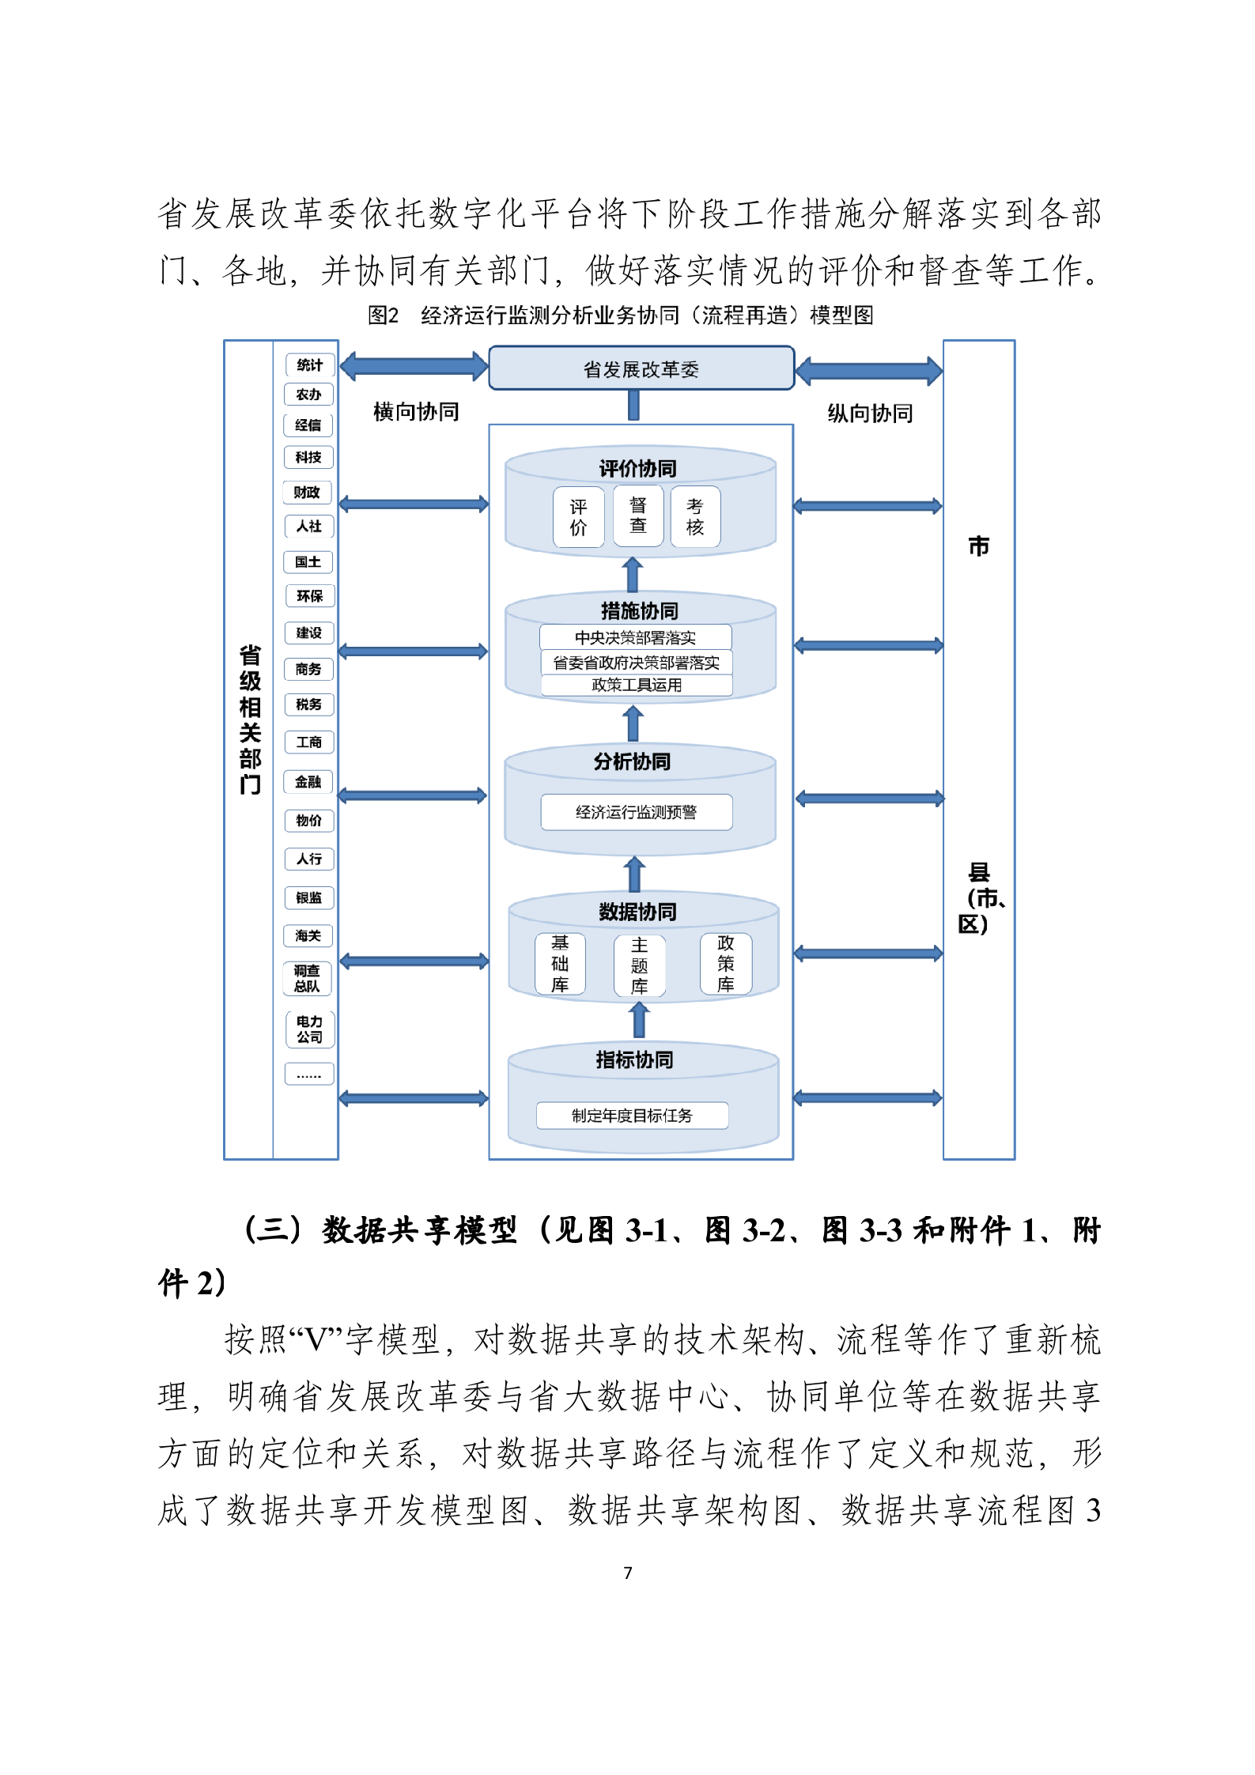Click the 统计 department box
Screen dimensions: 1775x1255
point(309,364)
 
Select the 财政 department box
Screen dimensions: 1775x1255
point(307,492)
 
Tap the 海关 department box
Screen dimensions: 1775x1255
point(308,935)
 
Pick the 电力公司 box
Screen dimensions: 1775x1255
point(309,1029)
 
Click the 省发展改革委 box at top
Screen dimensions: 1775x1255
point(641,368)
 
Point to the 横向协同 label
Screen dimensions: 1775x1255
point(416,411)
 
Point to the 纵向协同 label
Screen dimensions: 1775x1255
point(870,413)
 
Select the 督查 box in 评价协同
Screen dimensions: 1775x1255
point(638,516)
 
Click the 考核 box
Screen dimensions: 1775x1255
point(695,516)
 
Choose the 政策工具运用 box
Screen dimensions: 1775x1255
point(637,685)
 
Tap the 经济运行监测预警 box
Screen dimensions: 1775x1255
point(637,812)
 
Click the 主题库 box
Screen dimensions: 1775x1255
point(639,965)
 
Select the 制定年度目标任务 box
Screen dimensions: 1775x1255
point(632,1115)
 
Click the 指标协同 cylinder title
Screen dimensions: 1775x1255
point(634,1059)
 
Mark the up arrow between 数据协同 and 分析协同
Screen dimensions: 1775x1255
point(634,874)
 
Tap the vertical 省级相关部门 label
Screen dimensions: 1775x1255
point(250,719)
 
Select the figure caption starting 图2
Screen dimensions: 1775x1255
point(621,315)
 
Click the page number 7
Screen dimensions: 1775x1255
point(628,1573)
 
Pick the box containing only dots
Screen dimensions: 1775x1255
point(309,1074)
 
